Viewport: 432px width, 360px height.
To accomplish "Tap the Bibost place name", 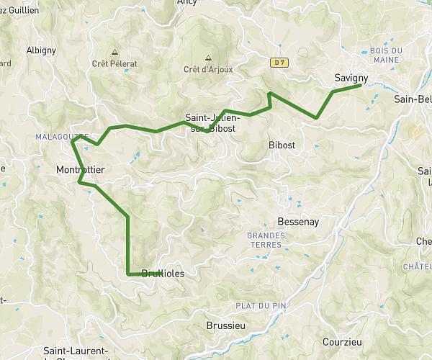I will [282, 145].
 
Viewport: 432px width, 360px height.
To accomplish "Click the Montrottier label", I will [80, 170].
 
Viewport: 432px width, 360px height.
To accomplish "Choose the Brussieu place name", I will [225, 324].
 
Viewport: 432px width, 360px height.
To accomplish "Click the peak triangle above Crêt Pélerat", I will [114, 52].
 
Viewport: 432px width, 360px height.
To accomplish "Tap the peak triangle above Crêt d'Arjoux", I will [208, 58].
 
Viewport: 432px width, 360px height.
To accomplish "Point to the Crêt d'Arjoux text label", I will [208, 69].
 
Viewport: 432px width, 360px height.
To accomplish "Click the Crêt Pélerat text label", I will [114, 63].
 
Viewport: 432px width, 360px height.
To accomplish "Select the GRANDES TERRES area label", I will [266, 240].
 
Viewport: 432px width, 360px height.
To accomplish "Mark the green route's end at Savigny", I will [359, 86].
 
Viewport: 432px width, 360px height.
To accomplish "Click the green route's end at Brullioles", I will [129, 274].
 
